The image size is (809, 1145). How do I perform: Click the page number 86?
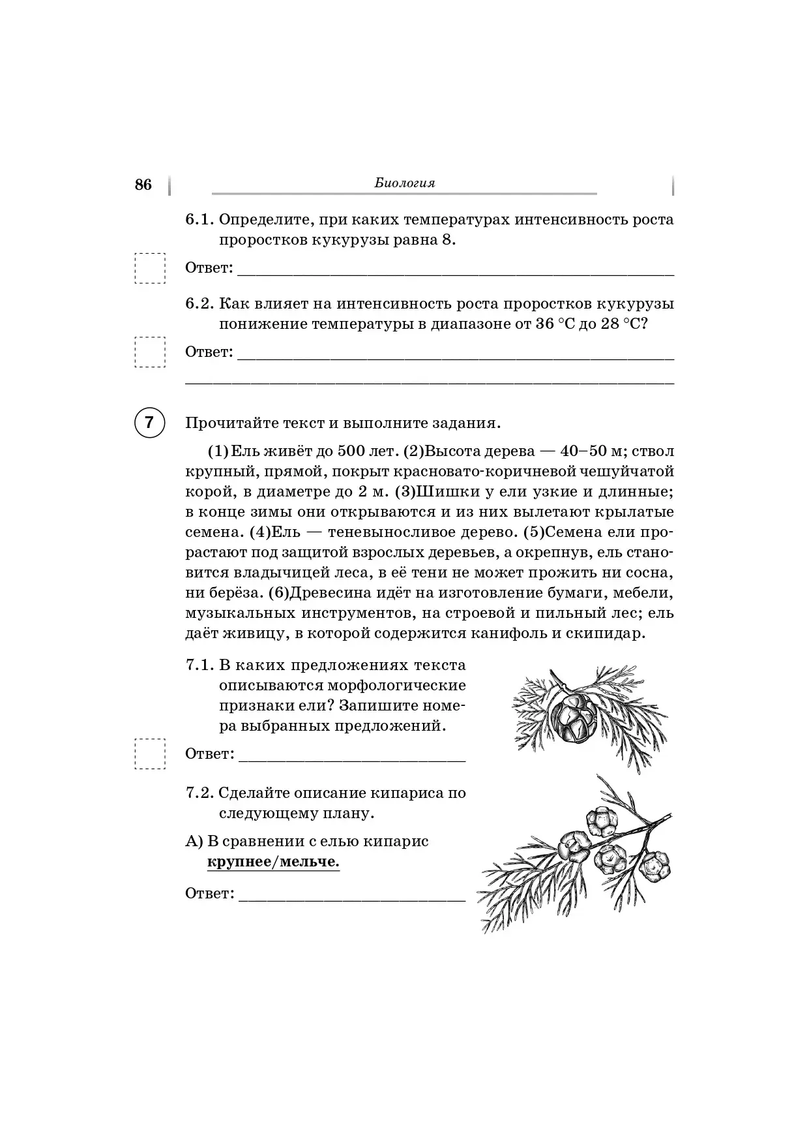(x=143, y=185)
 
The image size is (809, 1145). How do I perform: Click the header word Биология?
(x=404, y=183)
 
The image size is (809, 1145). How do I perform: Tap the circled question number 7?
(x=149, y=423)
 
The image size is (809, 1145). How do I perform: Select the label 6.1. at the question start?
(x=199, y=220)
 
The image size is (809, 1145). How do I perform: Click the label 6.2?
(x=199, y=304)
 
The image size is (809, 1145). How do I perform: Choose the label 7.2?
(x=199, y=794)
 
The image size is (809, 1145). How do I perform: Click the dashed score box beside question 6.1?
(x=150, y=268)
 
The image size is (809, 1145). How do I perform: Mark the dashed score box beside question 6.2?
(x=150, y=352)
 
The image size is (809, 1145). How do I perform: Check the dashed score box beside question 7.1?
(x=150, y=754)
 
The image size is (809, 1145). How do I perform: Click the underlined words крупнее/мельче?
(x=273, y=863)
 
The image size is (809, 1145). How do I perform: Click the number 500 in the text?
(x=351, y=451)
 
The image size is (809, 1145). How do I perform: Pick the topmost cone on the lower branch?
(x=600, y=822)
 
